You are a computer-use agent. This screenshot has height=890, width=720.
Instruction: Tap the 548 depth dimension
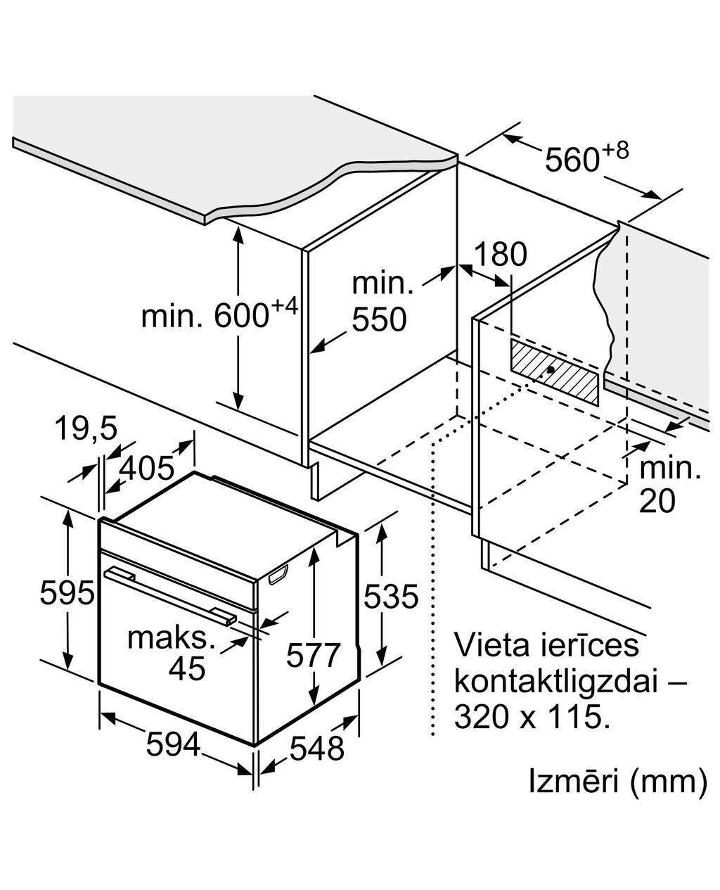tap(317, 749)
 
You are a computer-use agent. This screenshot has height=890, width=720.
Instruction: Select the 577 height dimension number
tap(313, 656)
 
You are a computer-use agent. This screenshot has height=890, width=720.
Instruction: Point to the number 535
tap(391, 597)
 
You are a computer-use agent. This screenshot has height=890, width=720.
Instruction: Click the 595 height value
tap(67, 592)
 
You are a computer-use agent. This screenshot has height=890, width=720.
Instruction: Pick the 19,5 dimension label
tap(86, 429)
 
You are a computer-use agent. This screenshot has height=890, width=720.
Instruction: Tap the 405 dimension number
tap(146, 468)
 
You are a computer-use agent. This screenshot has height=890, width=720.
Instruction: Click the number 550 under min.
tap(379, 320)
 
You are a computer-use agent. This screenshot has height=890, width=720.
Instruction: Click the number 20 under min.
tap(657, 501)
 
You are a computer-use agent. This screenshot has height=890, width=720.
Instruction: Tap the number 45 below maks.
tap(187, 668)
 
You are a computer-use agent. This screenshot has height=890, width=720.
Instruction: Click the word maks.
tap(171, 638)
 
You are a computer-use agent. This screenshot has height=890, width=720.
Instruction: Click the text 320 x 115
tap(530, 717)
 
